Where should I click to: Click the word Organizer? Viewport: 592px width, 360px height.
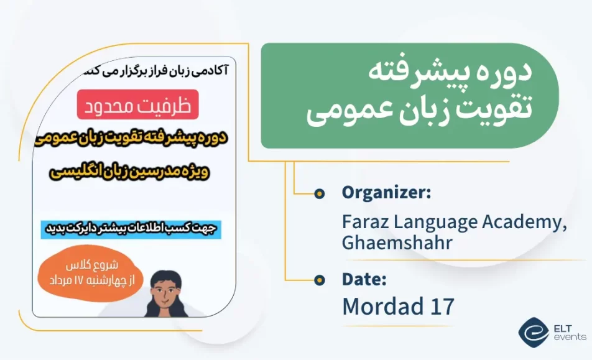click(386, 193)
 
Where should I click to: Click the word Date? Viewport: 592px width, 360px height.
click(364, 279)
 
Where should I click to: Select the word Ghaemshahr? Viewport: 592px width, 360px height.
click(396, 242)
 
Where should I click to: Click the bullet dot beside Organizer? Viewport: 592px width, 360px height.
click(319, 193)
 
